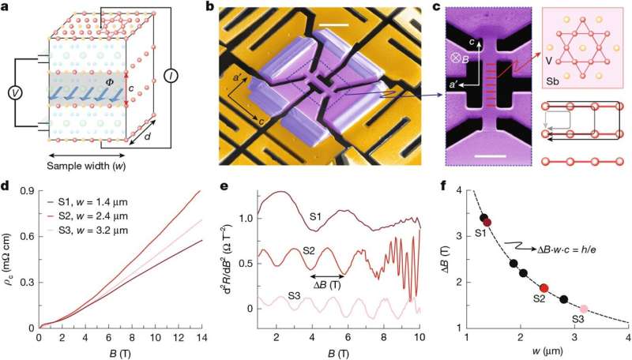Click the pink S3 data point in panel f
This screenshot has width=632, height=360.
[x=583, y=309]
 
